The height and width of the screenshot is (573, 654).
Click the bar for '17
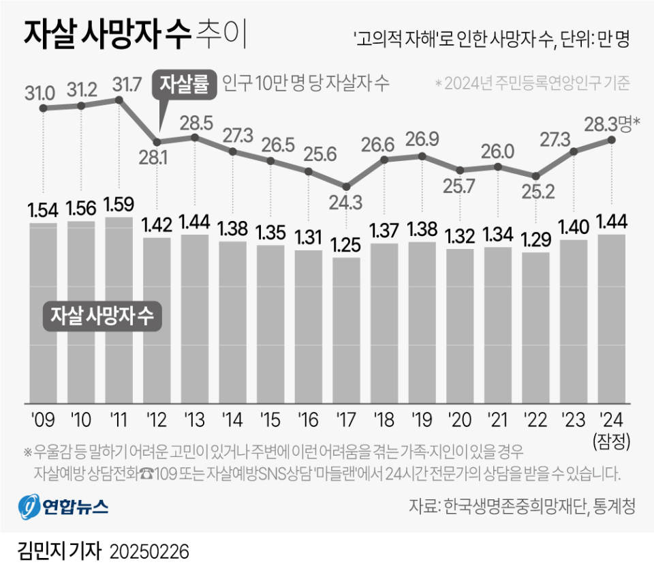click(346, 330)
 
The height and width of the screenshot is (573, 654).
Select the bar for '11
click(119, 310)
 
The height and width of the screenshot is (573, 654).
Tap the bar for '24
click(611, 319)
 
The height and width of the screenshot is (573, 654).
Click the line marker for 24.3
click(346, 186)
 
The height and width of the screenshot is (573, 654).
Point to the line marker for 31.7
click(119, 100)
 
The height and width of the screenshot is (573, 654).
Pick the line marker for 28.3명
click(611, 140)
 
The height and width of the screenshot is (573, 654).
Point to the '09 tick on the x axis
click(42, 417)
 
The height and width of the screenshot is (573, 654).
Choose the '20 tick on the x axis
click(460, 417)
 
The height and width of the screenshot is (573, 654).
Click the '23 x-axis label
click(574, 417)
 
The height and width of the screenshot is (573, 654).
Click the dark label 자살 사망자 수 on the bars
click(101, 317)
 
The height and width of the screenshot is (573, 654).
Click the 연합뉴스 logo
click(63, 506)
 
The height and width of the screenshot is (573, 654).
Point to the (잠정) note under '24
click(611, 440)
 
